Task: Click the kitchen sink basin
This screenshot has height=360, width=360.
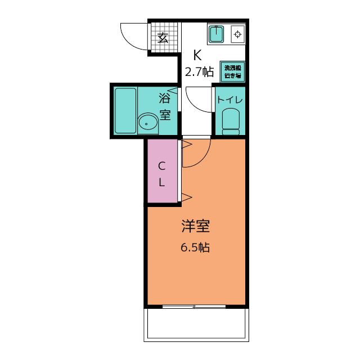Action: click(216, 34)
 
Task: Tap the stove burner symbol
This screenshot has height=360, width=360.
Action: click(237, 34)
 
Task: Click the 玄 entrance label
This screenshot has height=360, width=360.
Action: click(163, 38)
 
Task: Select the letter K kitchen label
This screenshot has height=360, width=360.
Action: click(197, 55)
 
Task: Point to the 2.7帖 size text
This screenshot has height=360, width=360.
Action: click(199, 72)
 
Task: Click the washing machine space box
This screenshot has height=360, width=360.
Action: click(232, 71)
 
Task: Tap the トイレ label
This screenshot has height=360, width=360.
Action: click(229, 100)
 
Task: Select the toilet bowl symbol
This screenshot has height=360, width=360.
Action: click(231, 121)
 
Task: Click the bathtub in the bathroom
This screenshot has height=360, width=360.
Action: click(125, 111)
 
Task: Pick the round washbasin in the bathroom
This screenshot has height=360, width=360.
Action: click(148, 124)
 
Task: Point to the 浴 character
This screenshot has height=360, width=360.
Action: click(165, 98)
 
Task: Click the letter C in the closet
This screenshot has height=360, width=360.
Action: click(161, 166)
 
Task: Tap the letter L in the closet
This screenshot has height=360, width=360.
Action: click(161, 182)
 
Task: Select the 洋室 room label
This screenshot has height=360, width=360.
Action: click(195, 226)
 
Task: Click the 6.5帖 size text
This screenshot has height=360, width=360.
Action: click(195, 247)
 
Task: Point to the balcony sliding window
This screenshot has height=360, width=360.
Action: click(194, 307)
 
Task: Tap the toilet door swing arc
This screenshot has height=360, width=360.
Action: click(195, 105)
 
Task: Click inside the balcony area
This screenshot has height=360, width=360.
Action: click(196, 324)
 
